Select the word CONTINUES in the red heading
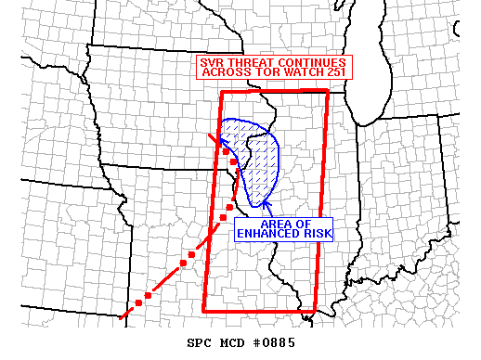315,63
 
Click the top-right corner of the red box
328,90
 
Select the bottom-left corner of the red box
204,310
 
